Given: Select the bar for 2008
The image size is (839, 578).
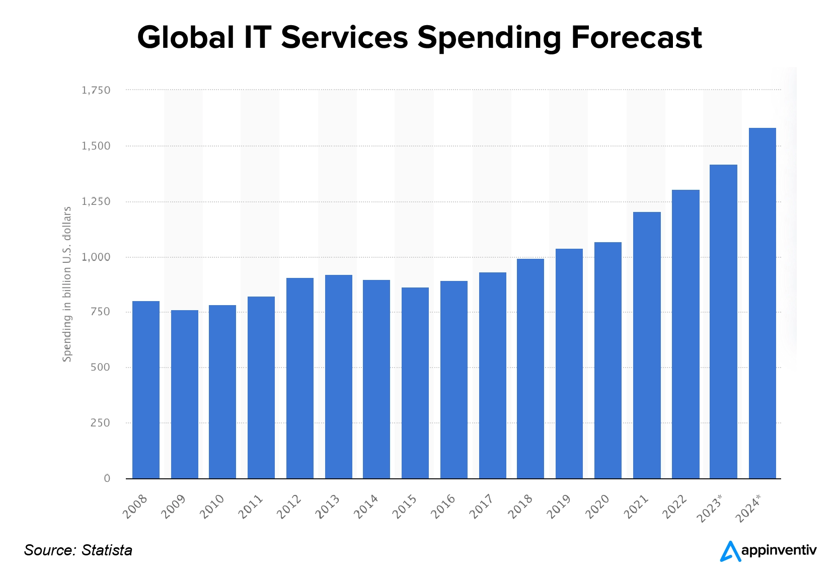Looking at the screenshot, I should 146,390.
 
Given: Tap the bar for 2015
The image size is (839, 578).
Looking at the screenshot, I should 415,383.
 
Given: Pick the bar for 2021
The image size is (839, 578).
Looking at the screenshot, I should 647,345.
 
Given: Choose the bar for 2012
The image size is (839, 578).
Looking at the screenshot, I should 300,378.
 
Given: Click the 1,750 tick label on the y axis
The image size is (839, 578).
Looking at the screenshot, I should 96,91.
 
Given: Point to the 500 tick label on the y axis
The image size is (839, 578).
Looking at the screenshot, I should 100,368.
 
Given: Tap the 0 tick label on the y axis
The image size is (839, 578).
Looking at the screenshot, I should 107,478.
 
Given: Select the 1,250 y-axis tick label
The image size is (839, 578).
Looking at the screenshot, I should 96,201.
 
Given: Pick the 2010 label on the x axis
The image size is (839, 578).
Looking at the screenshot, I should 212,507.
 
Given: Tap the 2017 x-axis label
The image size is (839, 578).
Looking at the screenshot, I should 482,507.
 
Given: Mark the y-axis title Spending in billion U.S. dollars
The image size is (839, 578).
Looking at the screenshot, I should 67,284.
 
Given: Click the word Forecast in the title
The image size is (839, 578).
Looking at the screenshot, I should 636,38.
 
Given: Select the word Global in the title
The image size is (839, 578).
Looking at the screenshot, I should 186,38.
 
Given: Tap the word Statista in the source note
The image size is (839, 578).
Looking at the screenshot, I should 107,550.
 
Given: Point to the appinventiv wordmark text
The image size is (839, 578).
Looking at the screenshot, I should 779,551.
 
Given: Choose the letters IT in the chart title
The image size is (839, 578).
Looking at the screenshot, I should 258,38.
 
